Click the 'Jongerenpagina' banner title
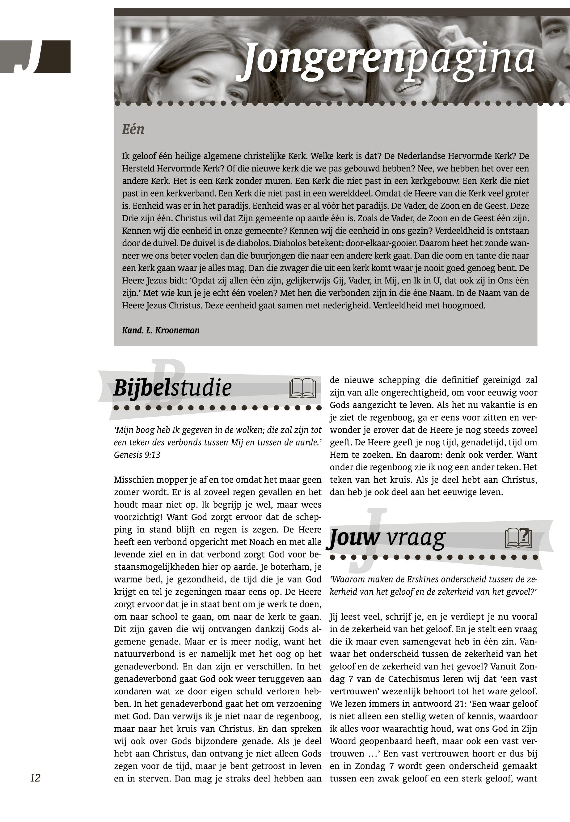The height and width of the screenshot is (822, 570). (x=389, y=61)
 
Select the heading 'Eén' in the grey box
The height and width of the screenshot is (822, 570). (x=133, y=129)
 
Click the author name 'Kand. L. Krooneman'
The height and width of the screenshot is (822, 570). (x=161, y=330)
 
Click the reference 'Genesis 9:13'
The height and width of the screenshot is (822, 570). (x=137, y=455)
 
